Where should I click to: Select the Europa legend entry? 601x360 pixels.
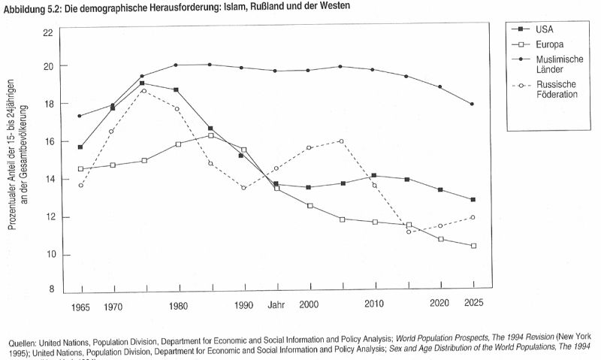[x=550, y=44]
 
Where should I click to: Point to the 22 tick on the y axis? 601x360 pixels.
[x=48, y=33]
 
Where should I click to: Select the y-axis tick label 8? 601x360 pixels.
[x=50, y=289]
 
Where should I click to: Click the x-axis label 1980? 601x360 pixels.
[x=178, y=307]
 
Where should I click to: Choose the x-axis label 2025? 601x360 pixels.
[x=473, y=304]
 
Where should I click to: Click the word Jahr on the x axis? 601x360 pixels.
[x=276, y=306]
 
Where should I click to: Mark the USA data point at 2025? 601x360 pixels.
[x=473, y=200]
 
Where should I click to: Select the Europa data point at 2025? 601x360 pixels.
[x=473, y=246]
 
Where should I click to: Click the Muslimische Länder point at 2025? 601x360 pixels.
[x=473, y=104]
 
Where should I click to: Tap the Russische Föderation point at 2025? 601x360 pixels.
[x=473, y=217]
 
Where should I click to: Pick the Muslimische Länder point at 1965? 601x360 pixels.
[x=80, y=116]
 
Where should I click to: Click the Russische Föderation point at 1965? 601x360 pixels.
[x=80, y=185]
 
